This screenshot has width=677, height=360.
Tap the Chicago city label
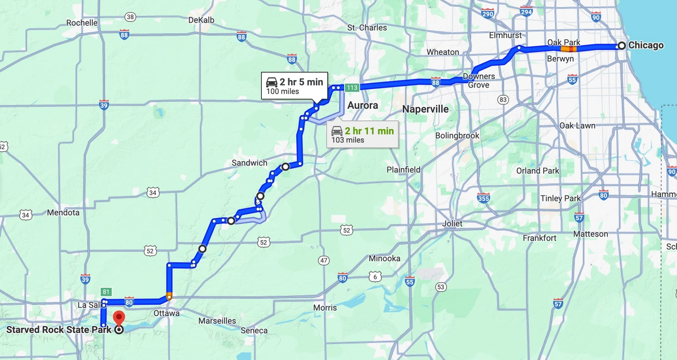pyautogui.click(x=646, y=45)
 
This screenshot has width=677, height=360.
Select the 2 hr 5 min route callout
pyautogui.click(x=294, y=85)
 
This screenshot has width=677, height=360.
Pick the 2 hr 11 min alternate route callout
pyautogui.click(x=362, y=135)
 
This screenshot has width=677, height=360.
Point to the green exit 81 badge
pyautogui.click(x=106, y=292)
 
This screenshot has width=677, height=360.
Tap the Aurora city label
pyautogui.click(x=362, y=106)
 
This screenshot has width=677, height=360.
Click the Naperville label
pyautogui.click(x=425, y=109)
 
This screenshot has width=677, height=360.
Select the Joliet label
pyautogui.click(x=452, y=223)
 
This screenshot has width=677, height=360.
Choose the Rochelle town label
pyautogui.click(x=82, y=23)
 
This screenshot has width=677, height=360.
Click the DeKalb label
pyautogui.click(x=201, y=20)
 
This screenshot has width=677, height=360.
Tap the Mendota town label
pyautogui.click(x=63, y=213)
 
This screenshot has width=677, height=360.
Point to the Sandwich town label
pyautogui.click(x=249, y=163)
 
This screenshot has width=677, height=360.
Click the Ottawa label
pyautogui.click(x=166, y=313)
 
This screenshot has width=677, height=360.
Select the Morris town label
pyautogui.click(x=325, y=308)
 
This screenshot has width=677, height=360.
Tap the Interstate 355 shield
pyautogui.click(x=483, y=197)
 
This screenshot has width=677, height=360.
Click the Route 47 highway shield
pyautogui.click(x=323, y=260)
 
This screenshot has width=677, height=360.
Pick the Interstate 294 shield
pyautogui.click(x=526, y=12)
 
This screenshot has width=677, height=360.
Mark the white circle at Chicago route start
pyautogui.click(x=621, y=46)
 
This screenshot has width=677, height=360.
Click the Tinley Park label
pyautogui.click(x=560, y=198)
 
